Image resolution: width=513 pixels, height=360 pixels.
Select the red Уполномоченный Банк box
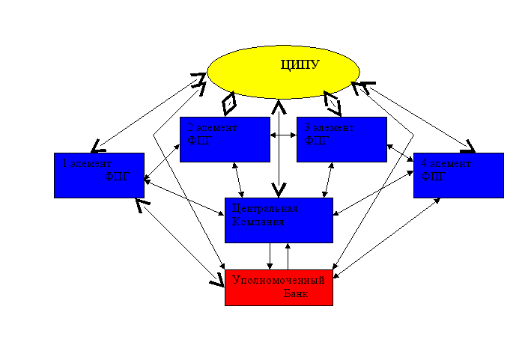click(x=279, y=287)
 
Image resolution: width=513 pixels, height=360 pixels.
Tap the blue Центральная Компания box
click(x=279, y=220)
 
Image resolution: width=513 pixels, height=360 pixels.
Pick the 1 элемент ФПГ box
click(x=99, y=175)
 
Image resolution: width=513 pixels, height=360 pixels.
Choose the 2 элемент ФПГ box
click(x=225, y=139)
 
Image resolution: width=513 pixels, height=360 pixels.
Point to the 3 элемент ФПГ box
click(x=342, y=139)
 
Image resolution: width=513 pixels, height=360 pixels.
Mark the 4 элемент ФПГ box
click(x=458, y=175)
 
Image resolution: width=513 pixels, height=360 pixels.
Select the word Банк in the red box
click(x=296, y=294)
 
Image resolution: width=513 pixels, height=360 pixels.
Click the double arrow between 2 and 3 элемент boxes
click(x=283, y=135)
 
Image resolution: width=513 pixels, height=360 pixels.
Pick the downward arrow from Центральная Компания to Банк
click(x=270, y=255)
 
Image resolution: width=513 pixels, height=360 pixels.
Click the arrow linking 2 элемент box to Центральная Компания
click(x=238, y=180)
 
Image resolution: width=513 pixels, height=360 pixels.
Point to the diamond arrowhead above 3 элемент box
click(x=332, y=100)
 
